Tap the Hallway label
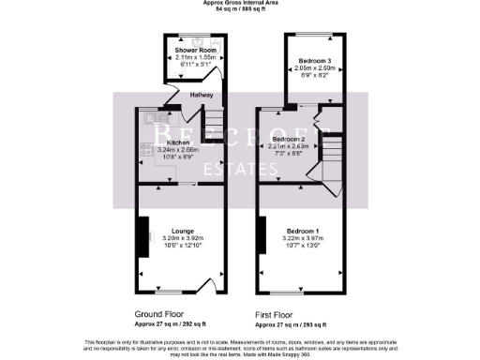[202, 96]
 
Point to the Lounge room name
[183, 230]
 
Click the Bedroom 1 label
[303, 231]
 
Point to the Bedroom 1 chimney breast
[263, 233]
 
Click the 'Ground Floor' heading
[157, 315]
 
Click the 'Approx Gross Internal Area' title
[240, 3]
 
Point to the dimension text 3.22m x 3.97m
[302, 239]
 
